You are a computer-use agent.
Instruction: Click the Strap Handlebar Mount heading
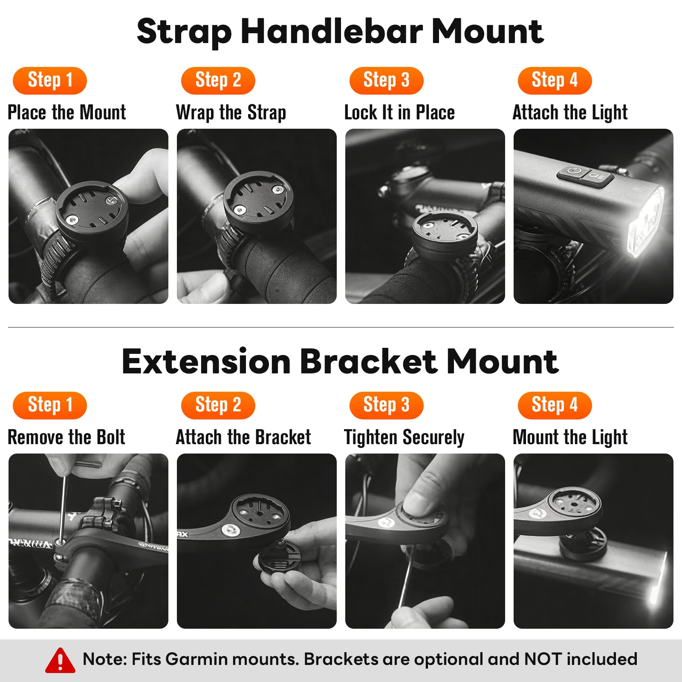pyautogui.click(x=340, y=31)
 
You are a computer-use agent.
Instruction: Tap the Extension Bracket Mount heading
pyautogui.click(x=340, y=361)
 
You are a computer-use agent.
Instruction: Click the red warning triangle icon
pyautogui.click(x=60, y=660)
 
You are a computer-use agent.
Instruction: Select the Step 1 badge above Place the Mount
pyautogui.click(x=50, y=81)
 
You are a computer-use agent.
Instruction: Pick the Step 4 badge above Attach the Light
pyautogui.click(x=555, y=81)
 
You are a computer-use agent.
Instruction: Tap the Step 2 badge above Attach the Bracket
pyautogui.click(x=218, y=405)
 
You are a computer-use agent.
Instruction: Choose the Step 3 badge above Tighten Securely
pyautogui.click(x=386, y=405)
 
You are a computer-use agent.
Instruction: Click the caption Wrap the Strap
pyautogui.click(x=231, y=113)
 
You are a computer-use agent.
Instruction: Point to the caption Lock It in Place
pyautogui.click(x=399, y=113)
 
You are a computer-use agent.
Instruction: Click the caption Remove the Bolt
pyautogui.click(x=66, y=437)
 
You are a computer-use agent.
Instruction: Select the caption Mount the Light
pyautogui.click(x=570, y=438)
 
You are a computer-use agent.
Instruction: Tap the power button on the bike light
pyautogui.click(x=573, y=173)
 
